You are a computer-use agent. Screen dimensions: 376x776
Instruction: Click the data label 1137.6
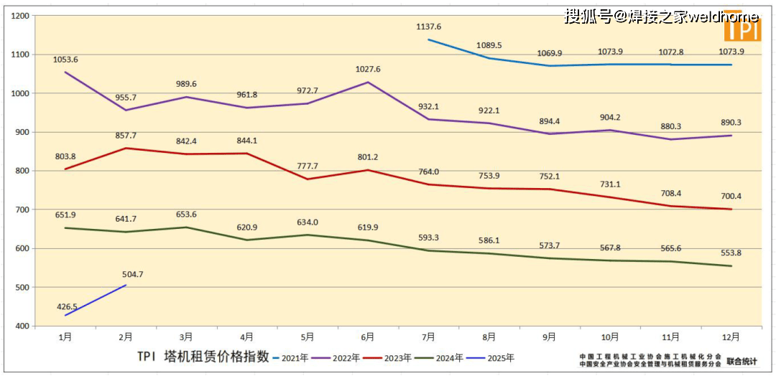[x=429, y=27]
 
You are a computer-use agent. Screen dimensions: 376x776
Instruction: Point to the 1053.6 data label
[x=65, y=60]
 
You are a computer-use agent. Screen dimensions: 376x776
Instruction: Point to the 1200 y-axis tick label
[x=21, y=16]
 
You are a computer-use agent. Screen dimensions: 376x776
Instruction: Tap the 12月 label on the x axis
[x=730, y=336]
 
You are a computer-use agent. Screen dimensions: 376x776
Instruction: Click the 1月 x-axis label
[x=65, y=336]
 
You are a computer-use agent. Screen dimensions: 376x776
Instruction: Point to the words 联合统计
[x=742, y=361]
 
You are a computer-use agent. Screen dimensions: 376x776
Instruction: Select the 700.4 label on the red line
[x=731, y=196]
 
